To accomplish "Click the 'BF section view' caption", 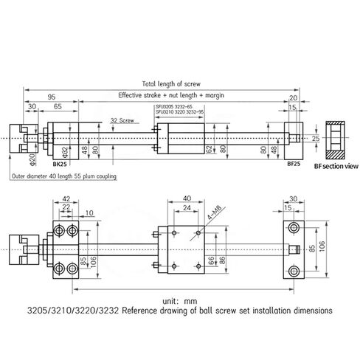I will [336, 167].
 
